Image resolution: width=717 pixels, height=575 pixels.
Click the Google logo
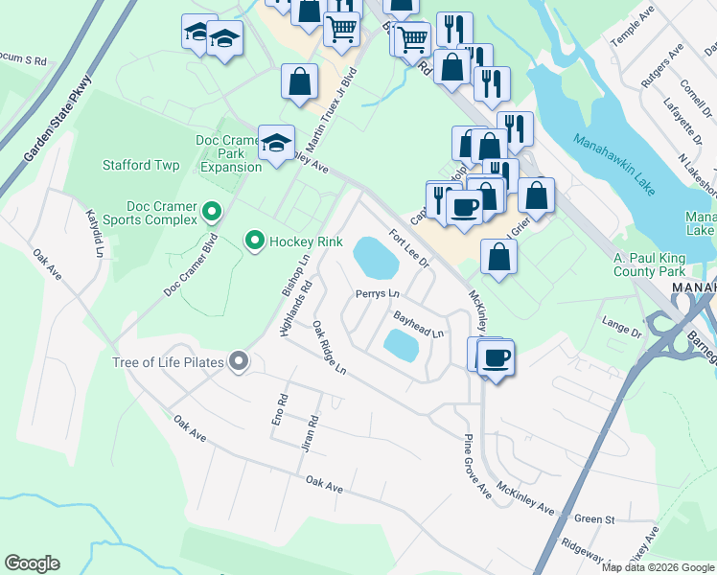(32, 563)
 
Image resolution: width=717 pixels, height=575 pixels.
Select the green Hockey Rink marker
(254, 241)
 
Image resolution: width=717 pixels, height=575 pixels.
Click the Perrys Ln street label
(377, 293)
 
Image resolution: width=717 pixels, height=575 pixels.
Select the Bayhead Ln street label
(419, 324)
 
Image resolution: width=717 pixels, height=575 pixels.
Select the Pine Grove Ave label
(476, 466)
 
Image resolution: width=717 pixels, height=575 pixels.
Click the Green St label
(594, 519)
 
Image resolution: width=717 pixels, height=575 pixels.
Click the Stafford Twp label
(141, 165)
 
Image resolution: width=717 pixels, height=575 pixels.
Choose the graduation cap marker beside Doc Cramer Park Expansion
(276, 144)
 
